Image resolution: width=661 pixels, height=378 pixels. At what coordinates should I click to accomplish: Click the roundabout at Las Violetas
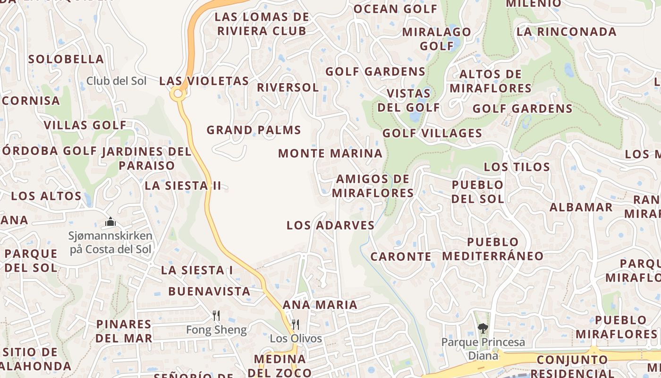pyautogui.click(x=178, y=94)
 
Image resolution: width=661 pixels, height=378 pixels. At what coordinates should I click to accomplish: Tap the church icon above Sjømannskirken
pyautogui.click(x=110, y=221)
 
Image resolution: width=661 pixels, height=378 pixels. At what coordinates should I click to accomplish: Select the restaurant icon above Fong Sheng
pyautogui.click(x=216, y=315)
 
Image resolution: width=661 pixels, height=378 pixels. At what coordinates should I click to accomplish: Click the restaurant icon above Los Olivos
pyautogui.click(x=296, y=324)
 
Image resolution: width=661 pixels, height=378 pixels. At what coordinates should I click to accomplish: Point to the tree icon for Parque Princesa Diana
pyautogui.click(x=483, y=328)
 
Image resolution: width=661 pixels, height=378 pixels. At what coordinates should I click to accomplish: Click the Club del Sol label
pyautogui.click(x=116, y=81)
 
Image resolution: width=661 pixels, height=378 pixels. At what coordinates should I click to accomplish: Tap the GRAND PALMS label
pyautogui.click(x=254, y=130)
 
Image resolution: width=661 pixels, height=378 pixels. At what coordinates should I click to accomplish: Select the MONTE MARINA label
pyautogui.click(x=330, y=154)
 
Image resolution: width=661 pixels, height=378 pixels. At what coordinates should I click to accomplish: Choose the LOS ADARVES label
pyautogui.click(x=330, y=225)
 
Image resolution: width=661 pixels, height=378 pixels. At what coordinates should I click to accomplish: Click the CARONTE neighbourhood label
pyautogui.click(x=401, y=257)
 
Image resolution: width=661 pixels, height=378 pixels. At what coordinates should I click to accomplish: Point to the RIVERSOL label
pyautogui.click(x=288, y=87)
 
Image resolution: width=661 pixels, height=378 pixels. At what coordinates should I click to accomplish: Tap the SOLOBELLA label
pyautogui.click(x=66, y=59)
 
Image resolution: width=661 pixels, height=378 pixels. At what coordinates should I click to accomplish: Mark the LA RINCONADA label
pyautogui.click(x=567, y=32)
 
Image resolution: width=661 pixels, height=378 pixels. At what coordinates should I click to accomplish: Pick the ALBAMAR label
pyautogui.click(x=581, y=207)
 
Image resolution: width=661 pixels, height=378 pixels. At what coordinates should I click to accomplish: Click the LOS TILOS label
pyautogui.click(x=517, y=167)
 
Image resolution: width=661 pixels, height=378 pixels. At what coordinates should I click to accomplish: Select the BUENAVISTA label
pyautogui.click(x=209, y=291)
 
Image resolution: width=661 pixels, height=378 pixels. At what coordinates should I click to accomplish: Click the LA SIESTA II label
pyautogui.click(x=183, y=186)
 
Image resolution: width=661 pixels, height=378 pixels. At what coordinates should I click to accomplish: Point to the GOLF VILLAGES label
pyautogui.click(x=432, y=133)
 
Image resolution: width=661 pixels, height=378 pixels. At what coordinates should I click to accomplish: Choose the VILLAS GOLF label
pyautogui.click(x=85, y=125)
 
